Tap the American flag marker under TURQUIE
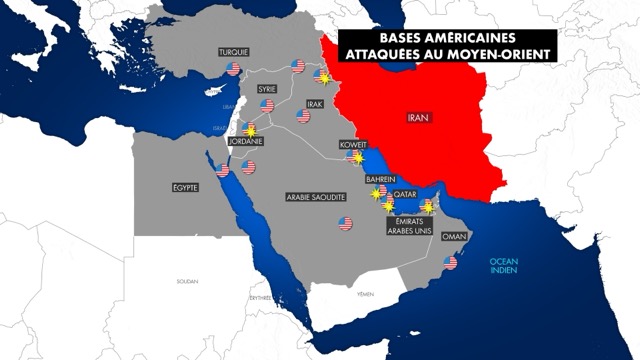233,69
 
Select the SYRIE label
267,88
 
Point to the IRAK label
313,105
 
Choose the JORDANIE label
246,142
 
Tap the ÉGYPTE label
186,187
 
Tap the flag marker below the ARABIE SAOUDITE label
345,223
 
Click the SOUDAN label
187,282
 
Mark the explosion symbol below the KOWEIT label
353,158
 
